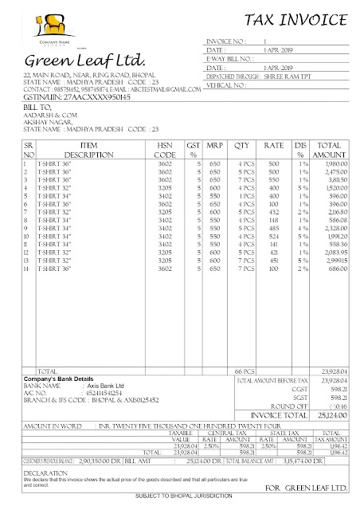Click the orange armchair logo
click(39, 26)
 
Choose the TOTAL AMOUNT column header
click(329, 149)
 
